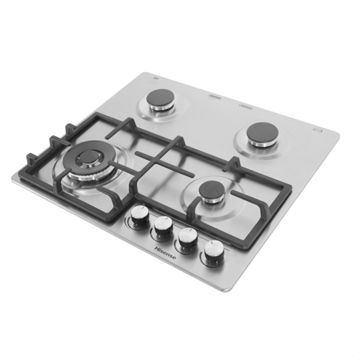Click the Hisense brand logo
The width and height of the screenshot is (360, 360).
click(165, 253)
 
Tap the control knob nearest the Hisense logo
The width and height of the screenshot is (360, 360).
click(163, 225)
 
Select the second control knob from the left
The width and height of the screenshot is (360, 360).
click(163, 225)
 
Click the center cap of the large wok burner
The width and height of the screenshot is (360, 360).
click(87, 157)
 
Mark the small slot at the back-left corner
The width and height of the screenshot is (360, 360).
click(155, 78)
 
